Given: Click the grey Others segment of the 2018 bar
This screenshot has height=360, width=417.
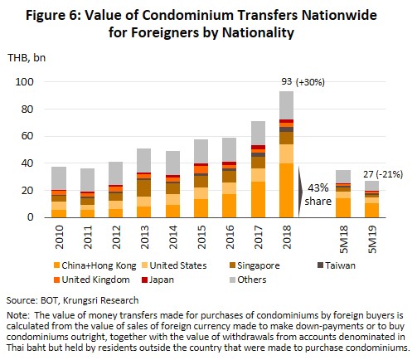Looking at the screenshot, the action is click(x=286, y=105).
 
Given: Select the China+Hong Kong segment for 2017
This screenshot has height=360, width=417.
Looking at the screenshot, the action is click(x=258, y=199).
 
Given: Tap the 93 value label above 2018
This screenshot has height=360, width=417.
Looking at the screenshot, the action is click(x=287, y=81).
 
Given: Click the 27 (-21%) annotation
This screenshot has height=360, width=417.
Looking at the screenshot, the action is click(x=383, y=174).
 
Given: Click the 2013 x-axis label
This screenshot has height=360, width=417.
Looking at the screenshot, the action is click(x=144, y=237).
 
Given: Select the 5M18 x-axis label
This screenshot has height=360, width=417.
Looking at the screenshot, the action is click(x=343, y=240).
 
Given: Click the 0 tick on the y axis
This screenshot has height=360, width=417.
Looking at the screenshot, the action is click(x=30, y=217).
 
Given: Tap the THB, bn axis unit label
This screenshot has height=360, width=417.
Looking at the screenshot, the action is click(x=27, y=58).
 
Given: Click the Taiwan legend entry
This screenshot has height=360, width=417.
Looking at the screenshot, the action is click(x=337, y=265).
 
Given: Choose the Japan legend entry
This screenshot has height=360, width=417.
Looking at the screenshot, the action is click(x=158, y=280).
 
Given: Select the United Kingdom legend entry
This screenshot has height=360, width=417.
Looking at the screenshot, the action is click(x=92, y=280).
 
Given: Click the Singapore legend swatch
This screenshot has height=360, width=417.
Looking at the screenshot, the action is click(x=232, y=265).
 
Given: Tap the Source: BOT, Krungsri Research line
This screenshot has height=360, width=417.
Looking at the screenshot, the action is click(x=72, y=300).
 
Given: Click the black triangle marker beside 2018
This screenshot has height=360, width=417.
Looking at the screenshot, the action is click(x=300, y=192).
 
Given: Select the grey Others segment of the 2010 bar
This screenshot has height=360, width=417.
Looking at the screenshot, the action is click(x=59, y=178).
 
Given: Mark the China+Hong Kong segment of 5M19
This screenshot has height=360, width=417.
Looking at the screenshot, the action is click(x=371, y=211).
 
